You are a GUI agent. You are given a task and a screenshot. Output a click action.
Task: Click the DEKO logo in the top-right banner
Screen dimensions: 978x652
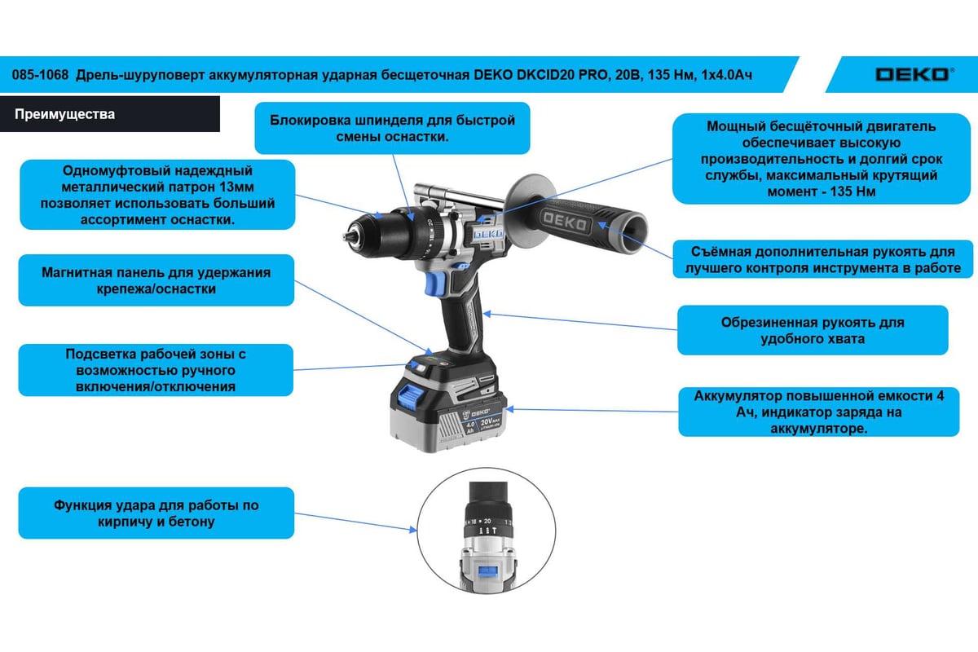tap(914, 75)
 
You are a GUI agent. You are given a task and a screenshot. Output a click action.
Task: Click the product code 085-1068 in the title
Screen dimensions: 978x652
tap(40, 75)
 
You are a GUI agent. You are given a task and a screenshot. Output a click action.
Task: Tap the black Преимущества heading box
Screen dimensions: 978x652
tap(109, 114)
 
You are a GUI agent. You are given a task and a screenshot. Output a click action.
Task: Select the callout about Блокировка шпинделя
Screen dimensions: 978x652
tap(392, 128)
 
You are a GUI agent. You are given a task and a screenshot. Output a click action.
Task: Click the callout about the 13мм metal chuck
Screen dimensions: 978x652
tap(157, 195)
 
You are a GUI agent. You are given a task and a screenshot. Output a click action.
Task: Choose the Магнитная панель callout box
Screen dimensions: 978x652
tap(156, 280)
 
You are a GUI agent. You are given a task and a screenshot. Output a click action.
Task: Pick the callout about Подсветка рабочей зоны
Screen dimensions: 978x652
tap(156, 370)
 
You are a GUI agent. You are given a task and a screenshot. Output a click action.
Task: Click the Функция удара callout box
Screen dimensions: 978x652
tap(156, 513)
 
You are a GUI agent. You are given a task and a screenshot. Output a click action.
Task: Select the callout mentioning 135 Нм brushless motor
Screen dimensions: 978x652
tap(822, 159)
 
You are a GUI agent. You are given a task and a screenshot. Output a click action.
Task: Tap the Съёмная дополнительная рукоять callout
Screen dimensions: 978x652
tap(823, 259)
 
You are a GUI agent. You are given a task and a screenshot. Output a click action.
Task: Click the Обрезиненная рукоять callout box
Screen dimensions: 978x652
tap(813, 330)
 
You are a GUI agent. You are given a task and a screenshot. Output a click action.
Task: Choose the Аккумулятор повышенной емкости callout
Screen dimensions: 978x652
tap(818, 412)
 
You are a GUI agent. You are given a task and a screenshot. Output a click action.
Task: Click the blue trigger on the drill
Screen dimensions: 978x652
tap(434, 284)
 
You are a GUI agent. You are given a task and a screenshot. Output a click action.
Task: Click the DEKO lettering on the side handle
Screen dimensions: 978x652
tap(565, 222)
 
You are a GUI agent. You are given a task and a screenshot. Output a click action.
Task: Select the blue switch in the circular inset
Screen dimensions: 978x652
tap(487, 572)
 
